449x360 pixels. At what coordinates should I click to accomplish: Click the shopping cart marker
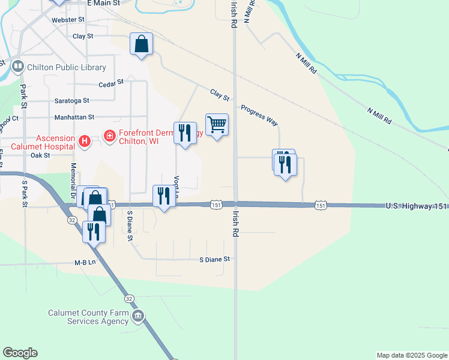click(x=217, y=125)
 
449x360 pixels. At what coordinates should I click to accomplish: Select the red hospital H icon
click(x=85, y=141)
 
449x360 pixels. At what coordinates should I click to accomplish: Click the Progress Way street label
click(x=259, y=116)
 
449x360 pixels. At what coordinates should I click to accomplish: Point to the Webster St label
click(x=68, y=20)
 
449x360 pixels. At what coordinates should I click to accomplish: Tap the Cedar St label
click(x=110, y=83)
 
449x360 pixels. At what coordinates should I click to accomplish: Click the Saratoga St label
click(x=71, y=101)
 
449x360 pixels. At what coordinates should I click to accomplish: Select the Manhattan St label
click(x=74, y=118)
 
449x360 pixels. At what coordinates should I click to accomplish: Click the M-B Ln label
click(x=85, y=262)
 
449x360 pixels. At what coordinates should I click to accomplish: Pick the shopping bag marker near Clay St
click(x=141, y=44)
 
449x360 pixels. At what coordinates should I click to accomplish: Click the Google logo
click(x=20, y=352)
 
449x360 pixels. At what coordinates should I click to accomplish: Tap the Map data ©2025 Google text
click(x=412, y=355)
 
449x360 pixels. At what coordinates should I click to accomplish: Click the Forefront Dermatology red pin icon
click(x=109, y=137)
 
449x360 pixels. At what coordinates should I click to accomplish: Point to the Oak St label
click(x=40, y=155)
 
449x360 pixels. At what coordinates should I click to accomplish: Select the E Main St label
click(x=103, y=3)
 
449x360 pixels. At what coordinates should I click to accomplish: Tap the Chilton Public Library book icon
click(x=17, y=67)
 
